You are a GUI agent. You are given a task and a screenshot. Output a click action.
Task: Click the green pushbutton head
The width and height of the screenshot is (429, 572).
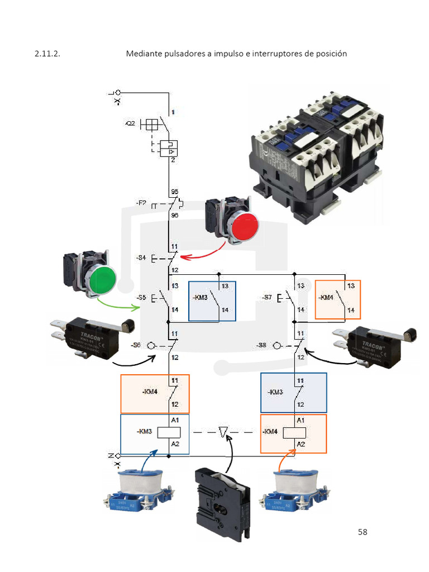coord(102,278)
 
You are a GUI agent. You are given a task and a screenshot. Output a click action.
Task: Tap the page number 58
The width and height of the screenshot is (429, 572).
coord(363,531)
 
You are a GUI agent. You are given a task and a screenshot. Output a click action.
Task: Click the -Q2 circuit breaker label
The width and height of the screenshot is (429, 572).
coord(130,124)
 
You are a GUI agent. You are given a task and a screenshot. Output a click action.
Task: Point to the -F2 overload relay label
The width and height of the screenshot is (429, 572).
coord(141,203)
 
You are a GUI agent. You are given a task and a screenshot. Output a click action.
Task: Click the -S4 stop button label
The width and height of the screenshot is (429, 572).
coord(141,258)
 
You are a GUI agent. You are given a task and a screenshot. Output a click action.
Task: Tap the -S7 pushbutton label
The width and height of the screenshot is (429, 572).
coord(267,298)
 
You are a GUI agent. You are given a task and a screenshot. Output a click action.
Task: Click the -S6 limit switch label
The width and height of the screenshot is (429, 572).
coord(136,346)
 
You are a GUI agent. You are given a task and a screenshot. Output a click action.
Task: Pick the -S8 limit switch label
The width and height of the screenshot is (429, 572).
coord(262,346)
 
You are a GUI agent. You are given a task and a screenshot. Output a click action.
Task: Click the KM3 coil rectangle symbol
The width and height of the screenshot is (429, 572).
coord(168,432)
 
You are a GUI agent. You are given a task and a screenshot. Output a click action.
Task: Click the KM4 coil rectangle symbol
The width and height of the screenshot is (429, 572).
coord(294,432)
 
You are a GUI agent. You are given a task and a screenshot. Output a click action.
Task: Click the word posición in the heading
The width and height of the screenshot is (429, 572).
coord(331,54)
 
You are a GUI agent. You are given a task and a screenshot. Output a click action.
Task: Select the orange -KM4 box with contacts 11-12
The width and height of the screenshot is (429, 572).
coord(155,394)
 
